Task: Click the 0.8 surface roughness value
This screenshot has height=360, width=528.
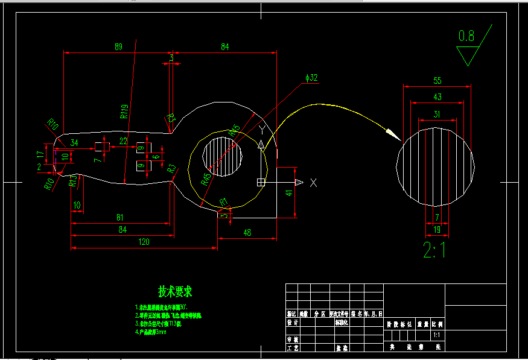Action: (466, 36)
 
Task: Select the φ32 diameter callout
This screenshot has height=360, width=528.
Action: (312, 78)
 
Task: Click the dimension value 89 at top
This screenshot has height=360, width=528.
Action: (118, 46)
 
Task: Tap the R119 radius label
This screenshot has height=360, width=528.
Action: (124, 111)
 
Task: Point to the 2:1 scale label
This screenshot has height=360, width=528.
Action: (434, 249)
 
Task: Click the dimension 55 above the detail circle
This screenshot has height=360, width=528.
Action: (437, 80)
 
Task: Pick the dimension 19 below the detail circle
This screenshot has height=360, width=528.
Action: (436, 229)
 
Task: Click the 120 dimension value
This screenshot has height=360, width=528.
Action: (144, 242)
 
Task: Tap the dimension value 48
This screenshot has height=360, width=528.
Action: (247, 233)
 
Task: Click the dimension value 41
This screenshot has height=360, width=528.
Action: (290, 193)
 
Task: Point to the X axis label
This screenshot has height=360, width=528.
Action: (313, 183)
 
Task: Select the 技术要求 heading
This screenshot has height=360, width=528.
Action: (175, 292)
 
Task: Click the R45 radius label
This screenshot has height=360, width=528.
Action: (206, 178)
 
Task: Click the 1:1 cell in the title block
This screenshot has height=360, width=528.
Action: (436, 334)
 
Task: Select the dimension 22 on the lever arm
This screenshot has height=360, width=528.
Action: (123, 141)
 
